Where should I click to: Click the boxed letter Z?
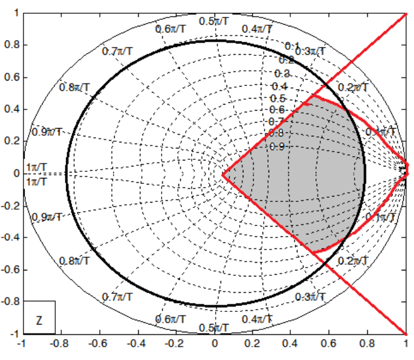tap(39, 320)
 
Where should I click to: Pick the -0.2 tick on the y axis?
tap(10, 206)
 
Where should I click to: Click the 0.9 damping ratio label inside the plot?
tap(276, 146)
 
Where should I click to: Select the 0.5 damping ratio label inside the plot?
tap(278, 99)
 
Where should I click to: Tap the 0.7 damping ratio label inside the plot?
tap(276, 121)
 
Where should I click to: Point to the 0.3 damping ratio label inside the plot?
tap(282, 73)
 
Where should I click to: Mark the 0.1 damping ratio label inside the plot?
tap(292, 46)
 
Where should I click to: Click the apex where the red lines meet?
tap(223, 175)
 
